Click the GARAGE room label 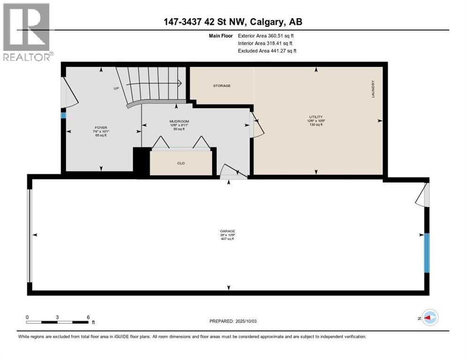click(x=227, y=231)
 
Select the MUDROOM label click(x=179, y=121)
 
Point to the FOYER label click(x=101, y=127)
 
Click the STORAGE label click(x=221, y=86)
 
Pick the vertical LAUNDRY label click(x=373, y=89)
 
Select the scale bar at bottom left click(x=58, y=322)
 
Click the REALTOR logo click(x=28, y=32)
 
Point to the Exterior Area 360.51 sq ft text click(x=266, y=35)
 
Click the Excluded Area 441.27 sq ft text click(x=267, y=51)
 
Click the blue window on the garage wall click(x=426, y=253)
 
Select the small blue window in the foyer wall click(x=63, y=115)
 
